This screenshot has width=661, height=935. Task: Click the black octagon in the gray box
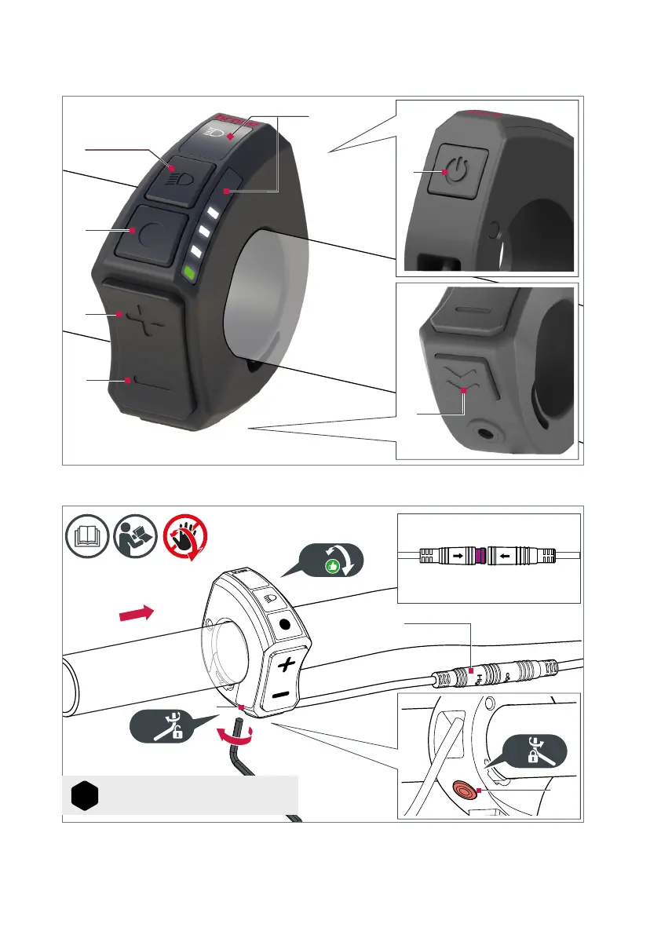tap(84, 796)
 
